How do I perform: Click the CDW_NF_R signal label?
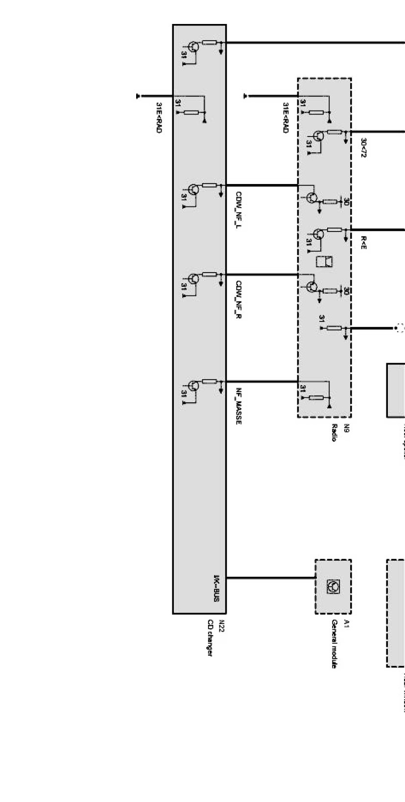(239, 299)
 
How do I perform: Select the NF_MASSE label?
(239, 406)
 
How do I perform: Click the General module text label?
(335, 644)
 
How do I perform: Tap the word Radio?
(335, 433)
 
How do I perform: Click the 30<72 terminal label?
(363, 147)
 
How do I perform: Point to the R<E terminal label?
(363, 243)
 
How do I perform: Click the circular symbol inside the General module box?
(333, 587)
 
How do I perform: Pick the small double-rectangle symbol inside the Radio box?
(325, 262)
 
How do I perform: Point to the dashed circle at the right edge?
(400, 328)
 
